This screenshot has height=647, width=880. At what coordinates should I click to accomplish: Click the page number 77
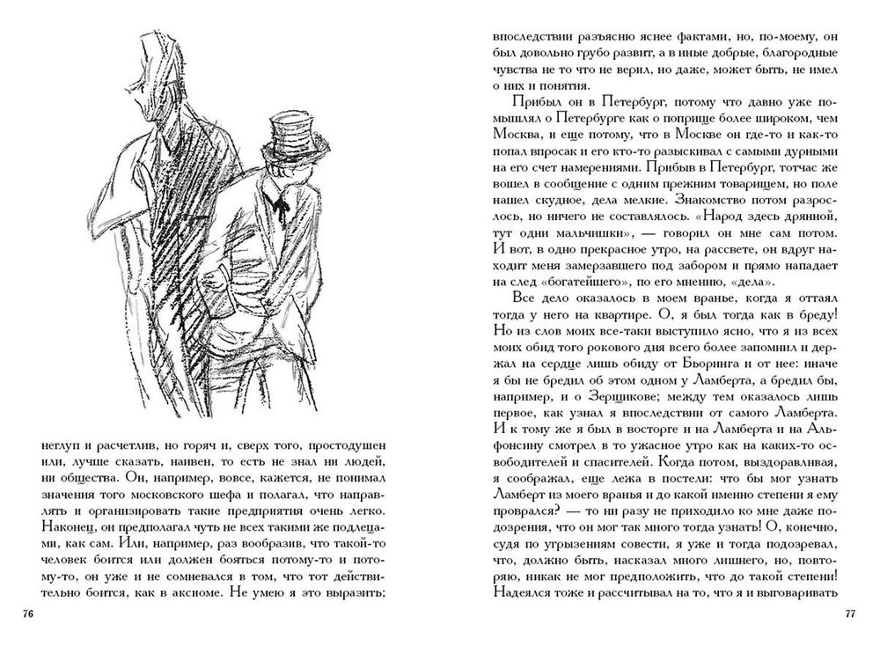point(850,614)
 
